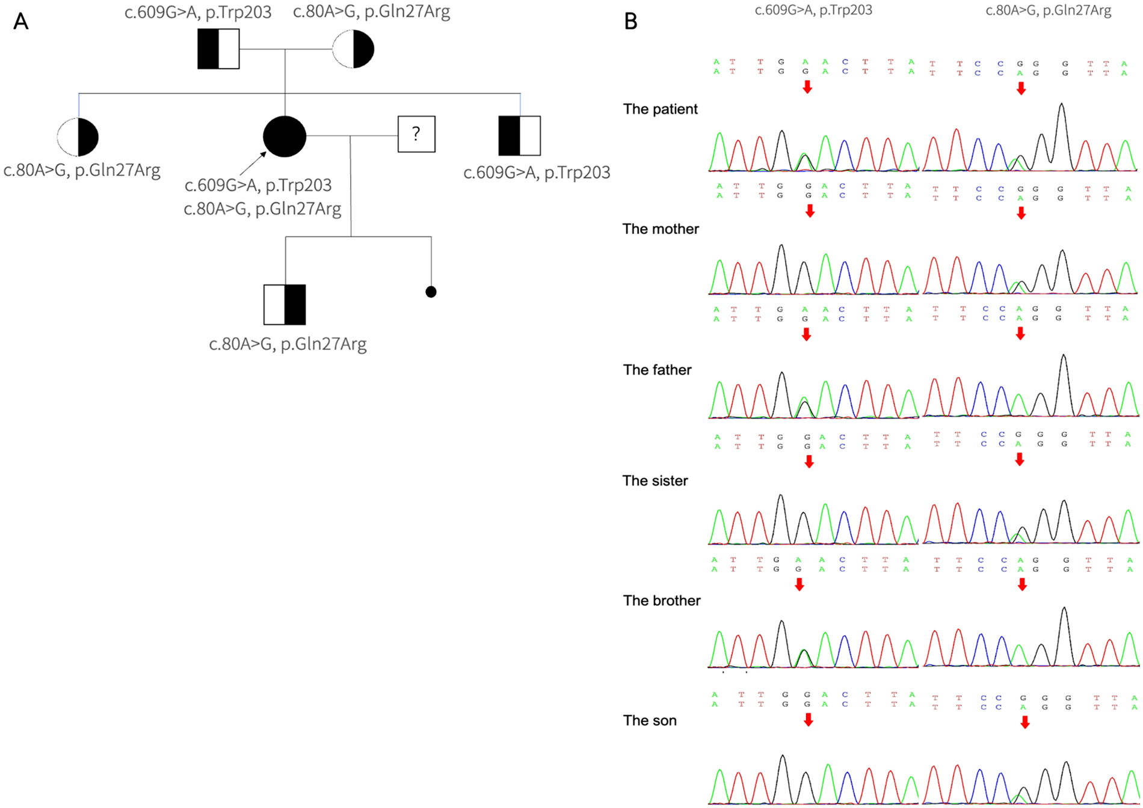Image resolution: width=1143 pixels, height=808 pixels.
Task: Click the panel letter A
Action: coord(20,22)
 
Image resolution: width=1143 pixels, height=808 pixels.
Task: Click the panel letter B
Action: coord(630,22)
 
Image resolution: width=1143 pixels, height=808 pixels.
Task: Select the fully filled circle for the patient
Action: coord(285,136)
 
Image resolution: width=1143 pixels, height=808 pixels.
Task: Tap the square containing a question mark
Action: coord(416,134)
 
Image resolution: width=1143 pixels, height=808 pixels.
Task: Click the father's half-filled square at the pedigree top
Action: coord(218,49)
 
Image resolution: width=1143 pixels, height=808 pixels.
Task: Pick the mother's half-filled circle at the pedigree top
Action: coord(353,49)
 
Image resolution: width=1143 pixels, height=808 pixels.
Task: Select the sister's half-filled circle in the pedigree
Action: coord(78,137)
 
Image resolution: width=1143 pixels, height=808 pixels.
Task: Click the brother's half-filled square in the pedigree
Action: coord(520,136)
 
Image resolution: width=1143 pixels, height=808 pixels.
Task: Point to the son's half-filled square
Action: coord(285,305)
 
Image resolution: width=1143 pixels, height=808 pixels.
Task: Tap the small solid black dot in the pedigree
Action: coord(431,292)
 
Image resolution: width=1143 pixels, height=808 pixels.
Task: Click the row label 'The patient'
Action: coord(661,109)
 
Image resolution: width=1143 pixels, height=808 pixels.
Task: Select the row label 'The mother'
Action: coord(661,229)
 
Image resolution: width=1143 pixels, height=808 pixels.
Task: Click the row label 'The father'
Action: coord(657,370)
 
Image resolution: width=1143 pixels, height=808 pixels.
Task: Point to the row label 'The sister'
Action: coord(655,481)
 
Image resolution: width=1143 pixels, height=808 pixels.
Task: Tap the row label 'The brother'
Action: coord(662,601)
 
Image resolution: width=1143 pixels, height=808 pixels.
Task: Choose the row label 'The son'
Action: coord(650,721)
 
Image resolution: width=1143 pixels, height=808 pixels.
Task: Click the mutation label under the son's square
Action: coord(288,344)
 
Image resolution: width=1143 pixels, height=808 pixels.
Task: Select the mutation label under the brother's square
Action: coord(537,173)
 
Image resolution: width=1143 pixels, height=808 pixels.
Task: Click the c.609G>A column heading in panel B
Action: coord(813,10)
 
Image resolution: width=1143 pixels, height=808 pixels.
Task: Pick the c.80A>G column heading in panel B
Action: coord(1048,10)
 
